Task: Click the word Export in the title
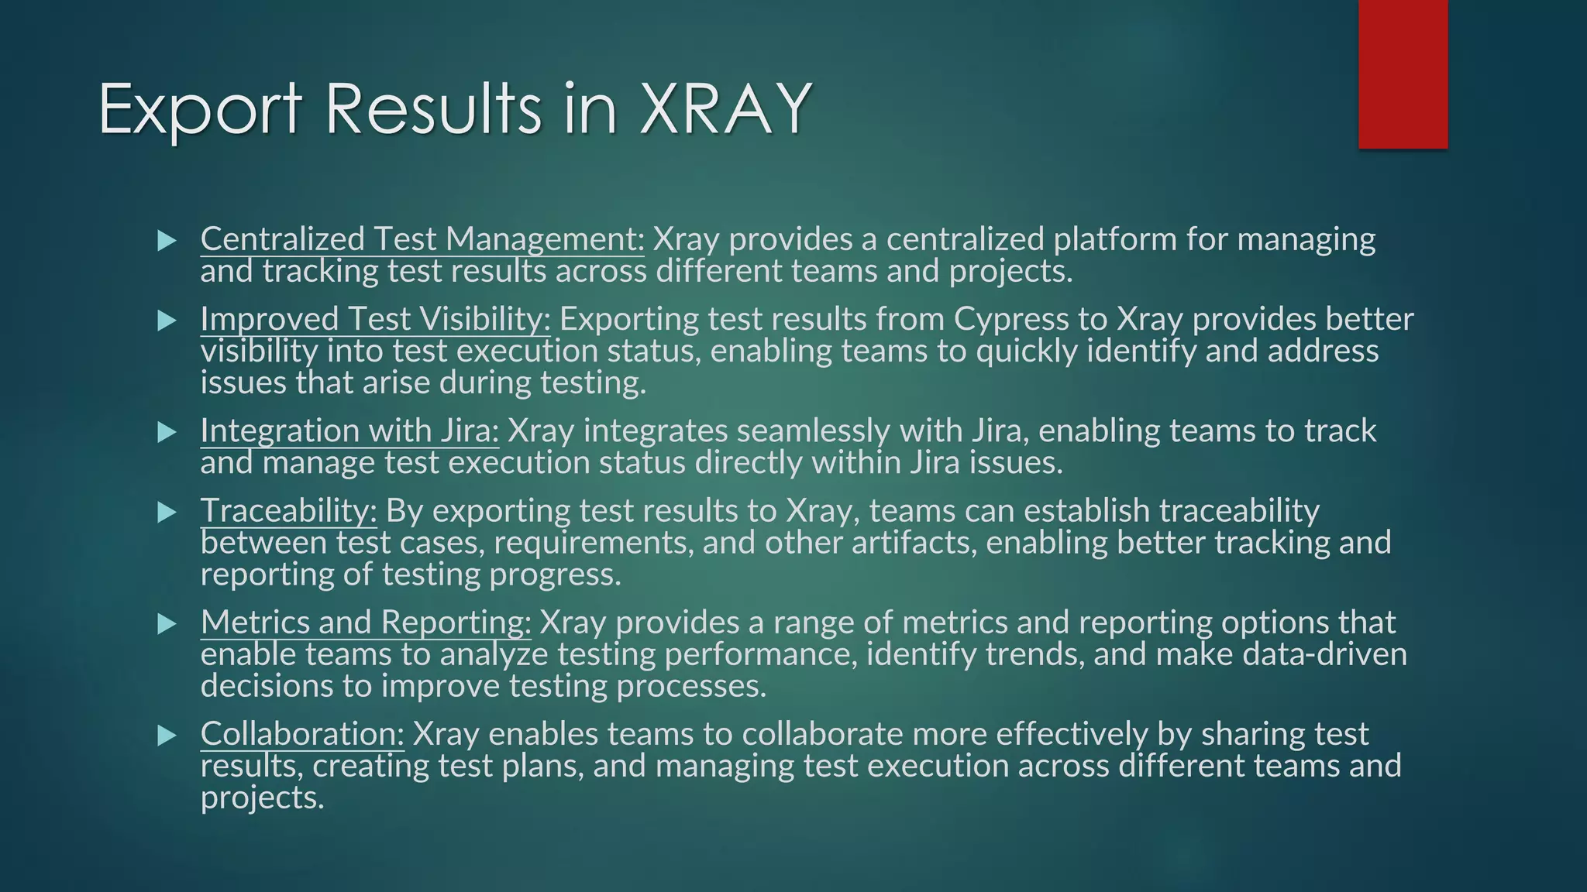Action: pyautogui.click(x=200, y=110)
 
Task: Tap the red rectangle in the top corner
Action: pyautogui.click(x=1403, y=74)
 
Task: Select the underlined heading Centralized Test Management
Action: pyautogui.click(x=422, y=239)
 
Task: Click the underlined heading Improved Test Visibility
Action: pyautogui.click(x=375, y=319)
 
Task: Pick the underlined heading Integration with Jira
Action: pyautogui.click(x=349, y=431)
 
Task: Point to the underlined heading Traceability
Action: pyautogui.click(x=288, y=511)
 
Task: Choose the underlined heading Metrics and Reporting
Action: pyautogui.click(x=366, y=623)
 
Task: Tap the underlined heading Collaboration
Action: pyautogui.click(x=302, y=734)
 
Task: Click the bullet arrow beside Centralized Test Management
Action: pyautogui.click(x=167, y=241)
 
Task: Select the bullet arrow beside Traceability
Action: pyautogui.click(x=167, y=512)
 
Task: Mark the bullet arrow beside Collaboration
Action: pyautogui.click(x=167, y=735)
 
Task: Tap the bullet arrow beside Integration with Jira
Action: pyautogui.click(x=167, y=432)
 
